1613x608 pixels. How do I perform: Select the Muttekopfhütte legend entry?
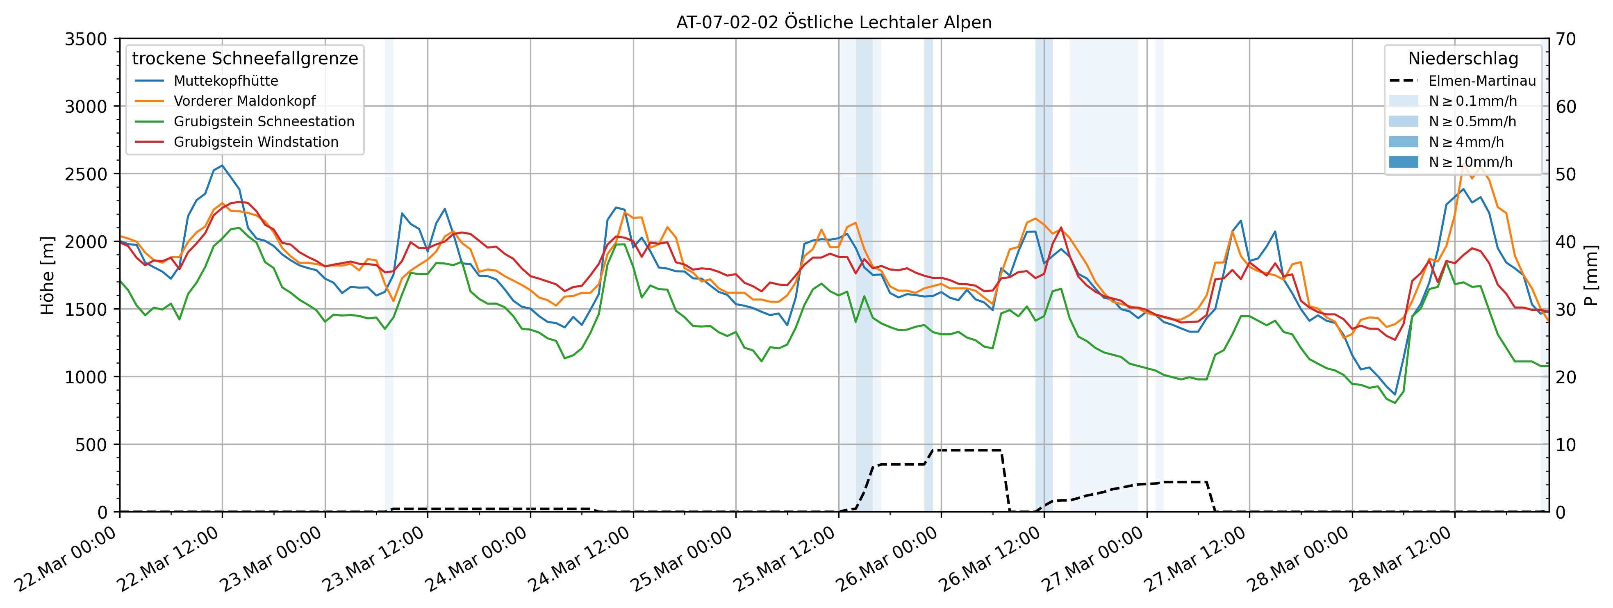[x=225, y=81]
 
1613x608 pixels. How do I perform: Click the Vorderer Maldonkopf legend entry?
[x=244, y=101]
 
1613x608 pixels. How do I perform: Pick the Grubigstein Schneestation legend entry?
[x=264, y=121]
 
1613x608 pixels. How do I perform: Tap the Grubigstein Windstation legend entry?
[x=255, y=142]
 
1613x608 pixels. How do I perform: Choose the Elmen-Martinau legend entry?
[x=1481, y=81]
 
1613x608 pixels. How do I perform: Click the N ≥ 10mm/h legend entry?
[x=1470, y=162]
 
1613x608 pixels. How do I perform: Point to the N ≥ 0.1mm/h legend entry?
[x=1472, y=101]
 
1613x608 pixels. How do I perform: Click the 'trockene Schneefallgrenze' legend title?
[x=245, y=58]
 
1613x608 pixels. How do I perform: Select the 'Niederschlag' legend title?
[x=1463, y=58]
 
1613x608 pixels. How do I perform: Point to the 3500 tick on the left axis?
[x=86, y=39]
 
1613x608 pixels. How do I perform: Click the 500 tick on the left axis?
[x=92, y=444]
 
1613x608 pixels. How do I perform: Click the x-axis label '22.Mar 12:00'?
[x=169, y=560]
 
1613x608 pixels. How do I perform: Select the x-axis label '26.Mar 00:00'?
[x=888, y=560]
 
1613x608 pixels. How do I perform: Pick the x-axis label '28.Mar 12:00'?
[x=1401, y=560]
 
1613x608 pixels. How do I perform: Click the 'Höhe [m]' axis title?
[x=48, y=276]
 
